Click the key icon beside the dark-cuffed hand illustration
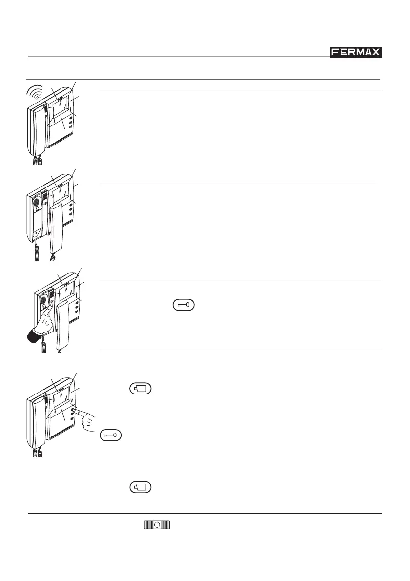coord(183,306)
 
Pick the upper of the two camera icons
coord(141,389)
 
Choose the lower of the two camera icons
coord(141,487)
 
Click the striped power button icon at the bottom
coord(156,525)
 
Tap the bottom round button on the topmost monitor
coord(71,127)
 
